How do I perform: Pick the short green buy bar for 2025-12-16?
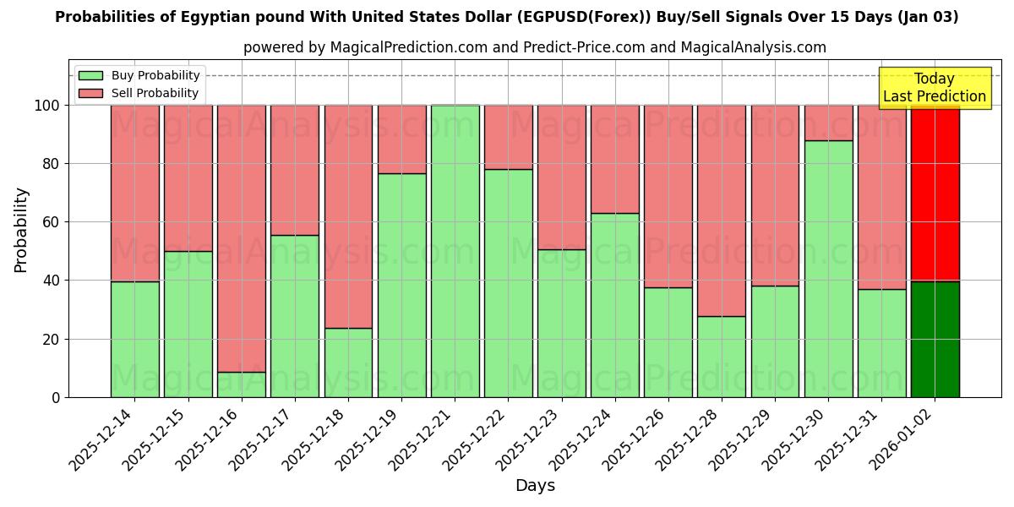click(x=242, y=384)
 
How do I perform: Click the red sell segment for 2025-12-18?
click(x=348, y=216)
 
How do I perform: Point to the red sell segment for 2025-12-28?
click(x=722, y=210)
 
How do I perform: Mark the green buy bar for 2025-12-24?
click(x=614, y=305)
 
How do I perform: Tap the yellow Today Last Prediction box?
click(x=935, y=88)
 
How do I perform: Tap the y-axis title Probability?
click(x=21, y=230)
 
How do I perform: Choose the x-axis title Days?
click(x=535, y=486)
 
